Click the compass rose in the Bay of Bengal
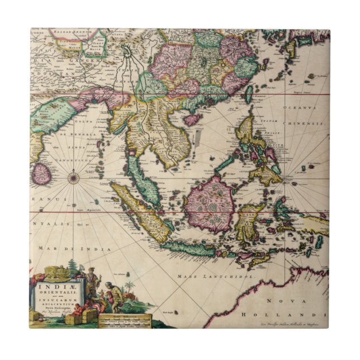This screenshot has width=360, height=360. pyautogui.click(x=73, y=178)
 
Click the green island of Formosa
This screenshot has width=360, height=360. pyautogui.click(x=248, y=93)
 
